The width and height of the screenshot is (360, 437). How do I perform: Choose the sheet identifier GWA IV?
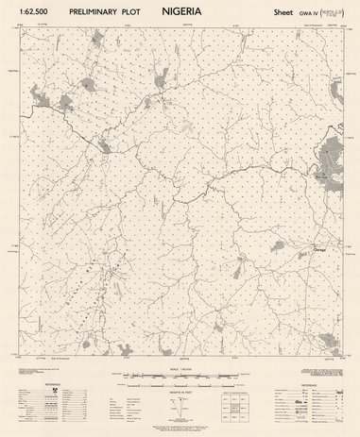[306, 12]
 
